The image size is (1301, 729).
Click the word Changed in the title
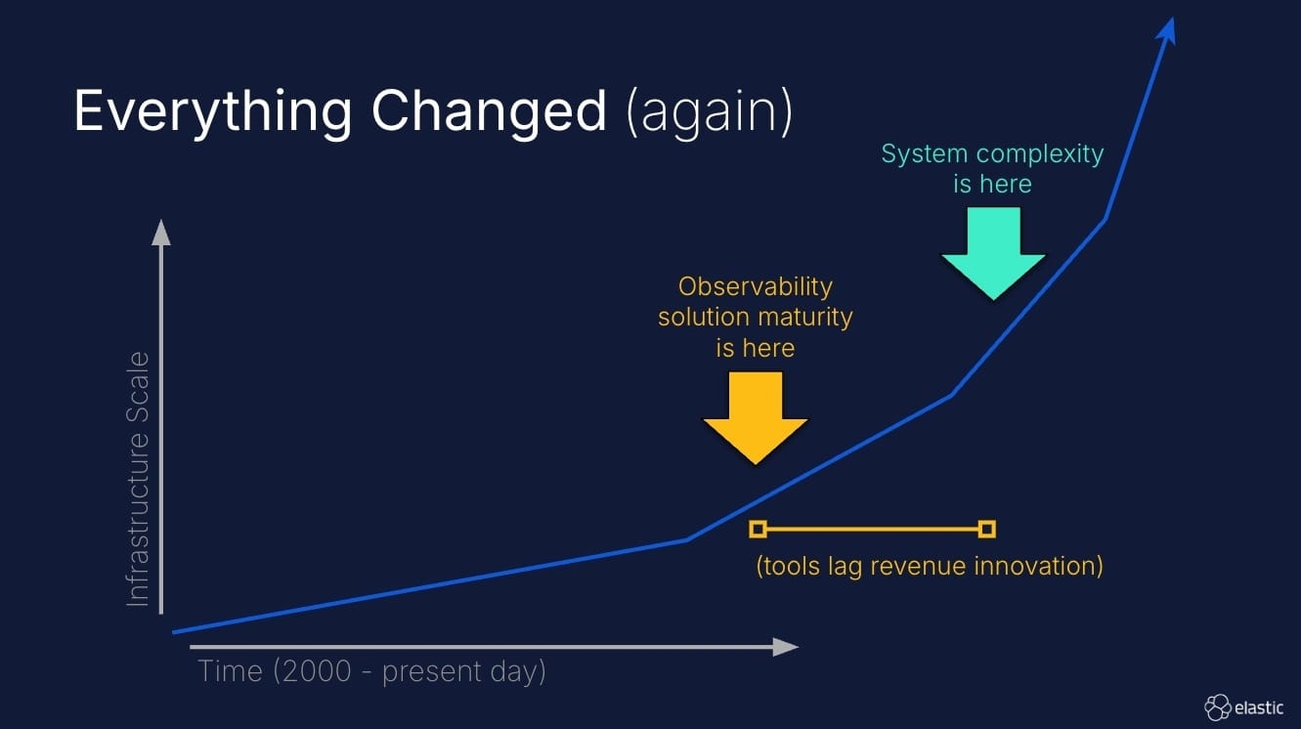pos(489,112)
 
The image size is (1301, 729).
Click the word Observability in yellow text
pos(755,286)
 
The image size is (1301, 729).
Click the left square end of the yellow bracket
pos(758,529)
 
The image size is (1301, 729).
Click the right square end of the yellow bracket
pos(987,529)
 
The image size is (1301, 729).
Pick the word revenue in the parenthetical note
pos(915,566)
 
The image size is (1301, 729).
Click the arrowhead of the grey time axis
pos(787,646)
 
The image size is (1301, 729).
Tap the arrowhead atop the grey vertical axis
pos(161,232)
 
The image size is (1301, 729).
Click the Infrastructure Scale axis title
pos(140,479)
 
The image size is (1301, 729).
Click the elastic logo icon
pos(1217,707)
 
